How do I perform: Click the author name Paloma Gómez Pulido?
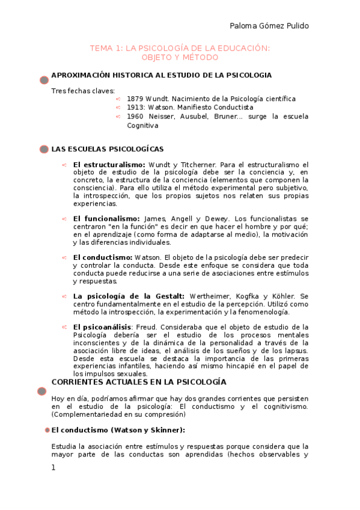(269, 25)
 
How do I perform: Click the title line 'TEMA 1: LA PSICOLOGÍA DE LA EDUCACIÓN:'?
(180, 48)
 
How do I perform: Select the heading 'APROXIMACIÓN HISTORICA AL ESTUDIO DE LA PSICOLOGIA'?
(162, 75)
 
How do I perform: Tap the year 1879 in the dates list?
(135, 98)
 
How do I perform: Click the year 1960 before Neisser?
(135, 116)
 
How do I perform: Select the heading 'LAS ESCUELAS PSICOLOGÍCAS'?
(108, 149)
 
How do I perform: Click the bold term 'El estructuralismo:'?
(109, 164)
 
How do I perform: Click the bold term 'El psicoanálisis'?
(102, 327)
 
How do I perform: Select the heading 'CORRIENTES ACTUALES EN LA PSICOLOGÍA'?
(139, 382)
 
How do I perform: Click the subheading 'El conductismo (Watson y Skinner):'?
(118, 430)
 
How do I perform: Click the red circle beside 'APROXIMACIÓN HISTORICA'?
(44, 80)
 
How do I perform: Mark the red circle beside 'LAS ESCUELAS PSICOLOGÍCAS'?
(44, 149)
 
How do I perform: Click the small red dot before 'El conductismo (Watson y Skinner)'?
(47, 431)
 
